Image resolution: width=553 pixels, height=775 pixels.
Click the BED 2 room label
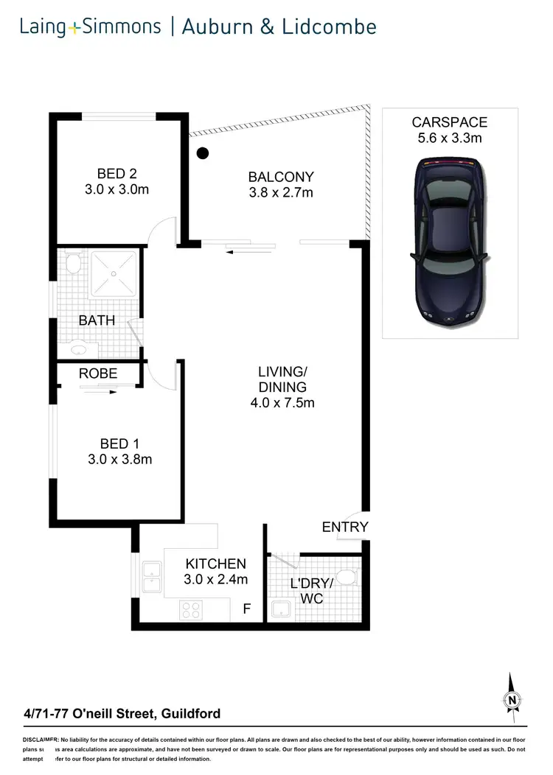point(117,174)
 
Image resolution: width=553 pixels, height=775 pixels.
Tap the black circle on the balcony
point(204,154)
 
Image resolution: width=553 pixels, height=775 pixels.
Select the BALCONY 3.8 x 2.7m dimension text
point(281,193)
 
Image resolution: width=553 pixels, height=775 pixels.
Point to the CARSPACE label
point(450,122)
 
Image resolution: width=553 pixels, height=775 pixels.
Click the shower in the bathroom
point(114,274)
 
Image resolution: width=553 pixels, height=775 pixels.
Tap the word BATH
point(97,320)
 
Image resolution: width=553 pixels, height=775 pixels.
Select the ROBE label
point(98,374)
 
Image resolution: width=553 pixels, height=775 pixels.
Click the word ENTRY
point(344,527)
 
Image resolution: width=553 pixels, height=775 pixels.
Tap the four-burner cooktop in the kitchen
point(192,609)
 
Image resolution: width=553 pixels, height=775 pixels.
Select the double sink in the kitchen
point(153,576)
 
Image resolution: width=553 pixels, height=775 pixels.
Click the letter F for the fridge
point(248,609)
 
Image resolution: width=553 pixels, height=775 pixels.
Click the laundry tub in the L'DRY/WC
point(282,609)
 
